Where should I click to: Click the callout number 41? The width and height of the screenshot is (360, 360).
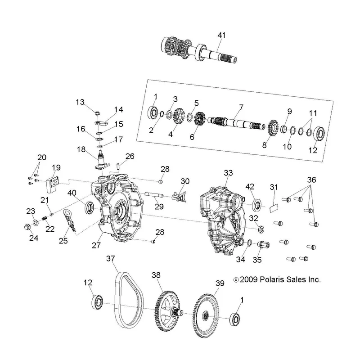click(x=221, y=35)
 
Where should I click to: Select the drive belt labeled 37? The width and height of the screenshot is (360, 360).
click(x=118, y=298)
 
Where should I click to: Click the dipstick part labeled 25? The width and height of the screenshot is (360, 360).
click(x=70, y=220)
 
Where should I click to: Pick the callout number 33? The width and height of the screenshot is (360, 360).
click(x=228, y=173)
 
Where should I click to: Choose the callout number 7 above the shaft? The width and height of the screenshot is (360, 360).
click(x=241, y=107)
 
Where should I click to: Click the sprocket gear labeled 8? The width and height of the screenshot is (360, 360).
click(x=273, y=129)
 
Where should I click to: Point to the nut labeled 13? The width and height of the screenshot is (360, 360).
click(x=98, y=113)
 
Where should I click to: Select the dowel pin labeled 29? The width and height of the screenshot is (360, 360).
click(x=154, y=195)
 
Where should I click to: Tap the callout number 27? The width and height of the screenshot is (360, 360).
click(x=96, y=245)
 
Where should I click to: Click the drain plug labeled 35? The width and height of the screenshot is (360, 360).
click(x=264, y=245)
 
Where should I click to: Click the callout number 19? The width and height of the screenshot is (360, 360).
click(x=56, y=168)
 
